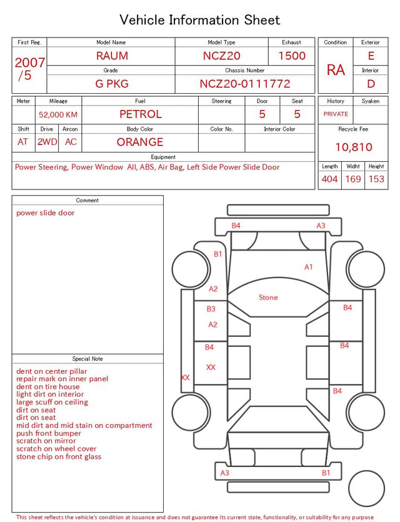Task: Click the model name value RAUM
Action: (112, 56)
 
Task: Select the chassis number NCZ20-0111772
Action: (245, 84)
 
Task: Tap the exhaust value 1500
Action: (292, 56)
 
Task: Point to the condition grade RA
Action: (336, 70)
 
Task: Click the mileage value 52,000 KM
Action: (58, 115)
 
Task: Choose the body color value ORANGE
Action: (140, 142)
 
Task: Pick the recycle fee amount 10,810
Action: (353, 147)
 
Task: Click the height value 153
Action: (376, 179)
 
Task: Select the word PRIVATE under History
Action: (336, 114)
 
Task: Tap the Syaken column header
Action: (371, 101)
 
